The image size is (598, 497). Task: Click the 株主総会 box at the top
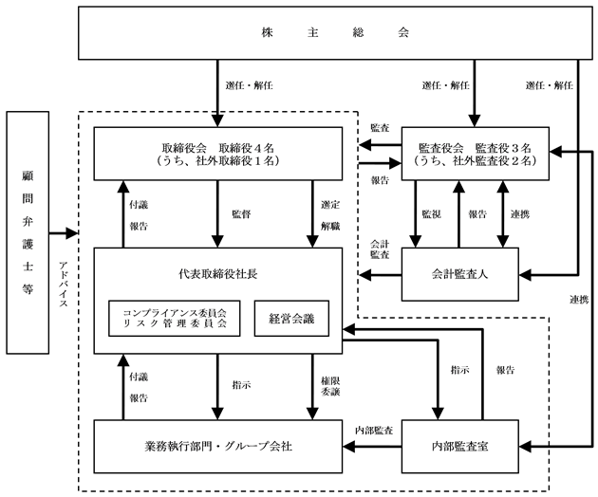(x=335, y=33)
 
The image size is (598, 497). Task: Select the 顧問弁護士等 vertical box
(x=28, y=232)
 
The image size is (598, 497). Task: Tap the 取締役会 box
(x=218, y=154)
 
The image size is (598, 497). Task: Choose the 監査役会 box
(x=476, y=154)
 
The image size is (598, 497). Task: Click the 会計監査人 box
(x=460, y=274)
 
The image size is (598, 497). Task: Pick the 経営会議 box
(x=291, y=319)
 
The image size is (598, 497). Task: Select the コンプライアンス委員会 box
(x=175, y=319)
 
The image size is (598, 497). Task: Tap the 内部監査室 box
(x=460, y=447)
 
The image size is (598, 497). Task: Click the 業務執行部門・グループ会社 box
(x=218, y=447)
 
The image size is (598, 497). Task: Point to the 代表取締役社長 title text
(x=217, y=274)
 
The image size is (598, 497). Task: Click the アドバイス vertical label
(x=64, y=285)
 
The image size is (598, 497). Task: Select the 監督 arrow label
(x=241, y=214)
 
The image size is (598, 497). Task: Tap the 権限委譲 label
(x=330, y=386)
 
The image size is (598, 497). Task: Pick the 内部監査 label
(x=374, y=431)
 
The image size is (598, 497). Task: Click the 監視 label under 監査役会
(x=431, y=214)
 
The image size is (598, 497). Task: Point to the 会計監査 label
(x=380, y=249)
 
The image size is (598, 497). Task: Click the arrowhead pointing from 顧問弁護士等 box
(x=72, y=233)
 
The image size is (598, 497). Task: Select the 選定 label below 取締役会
(x=330, y=205)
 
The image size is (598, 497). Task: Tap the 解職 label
(x=330, y=227)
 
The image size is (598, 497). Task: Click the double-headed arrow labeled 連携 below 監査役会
(x=503, y=213)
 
